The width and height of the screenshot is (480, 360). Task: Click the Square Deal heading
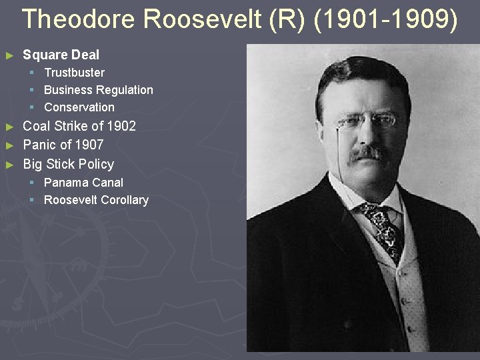pos(61,55)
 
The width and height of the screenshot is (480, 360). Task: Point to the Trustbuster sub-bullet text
pos(74,72)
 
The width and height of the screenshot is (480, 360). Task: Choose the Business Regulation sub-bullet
pos(98,89)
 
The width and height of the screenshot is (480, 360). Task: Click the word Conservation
pos(79,107)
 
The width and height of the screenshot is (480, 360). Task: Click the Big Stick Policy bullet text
pos(68,164)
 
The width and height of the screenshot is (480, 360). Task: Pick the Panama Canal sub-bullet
pos(83,182)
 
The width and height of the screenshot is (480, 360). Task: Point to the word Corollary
pos(124,199)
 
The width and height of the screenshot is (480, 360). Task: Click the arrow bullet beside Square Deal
pos(9,55)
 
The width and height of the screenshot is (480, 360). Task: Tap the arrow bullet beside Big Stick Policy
pos(9,164)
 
